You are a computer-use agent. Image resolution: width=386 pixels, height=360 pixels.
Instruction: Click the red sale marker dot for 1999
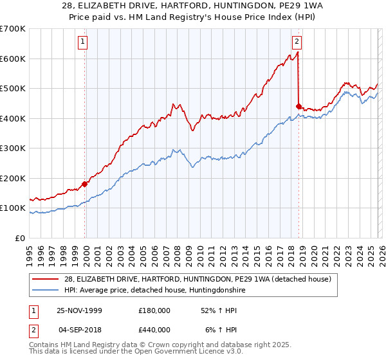(x=85, y=184)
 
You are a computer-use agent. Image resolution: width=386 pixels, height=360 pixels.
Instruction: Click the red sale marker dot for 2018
(x=299, y=107)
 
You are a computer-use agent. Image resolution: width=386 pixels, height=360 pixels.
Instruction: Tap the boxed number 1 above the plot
(x=84, y=42)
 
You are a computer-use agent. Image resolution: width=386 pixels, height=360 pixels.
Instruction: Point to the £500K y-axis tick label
(x=13, y=88)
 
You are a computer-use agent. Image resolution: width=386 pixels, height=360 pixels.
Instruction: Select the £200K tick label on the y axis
(x=13, y=178)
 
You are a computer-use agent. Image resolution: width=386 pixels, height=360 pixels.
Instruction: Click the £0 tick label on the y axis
(x=19, y=238)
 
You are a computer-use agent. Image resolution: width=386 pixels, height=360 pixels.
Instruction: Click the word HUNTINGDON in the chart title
(x=246, y=5)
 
